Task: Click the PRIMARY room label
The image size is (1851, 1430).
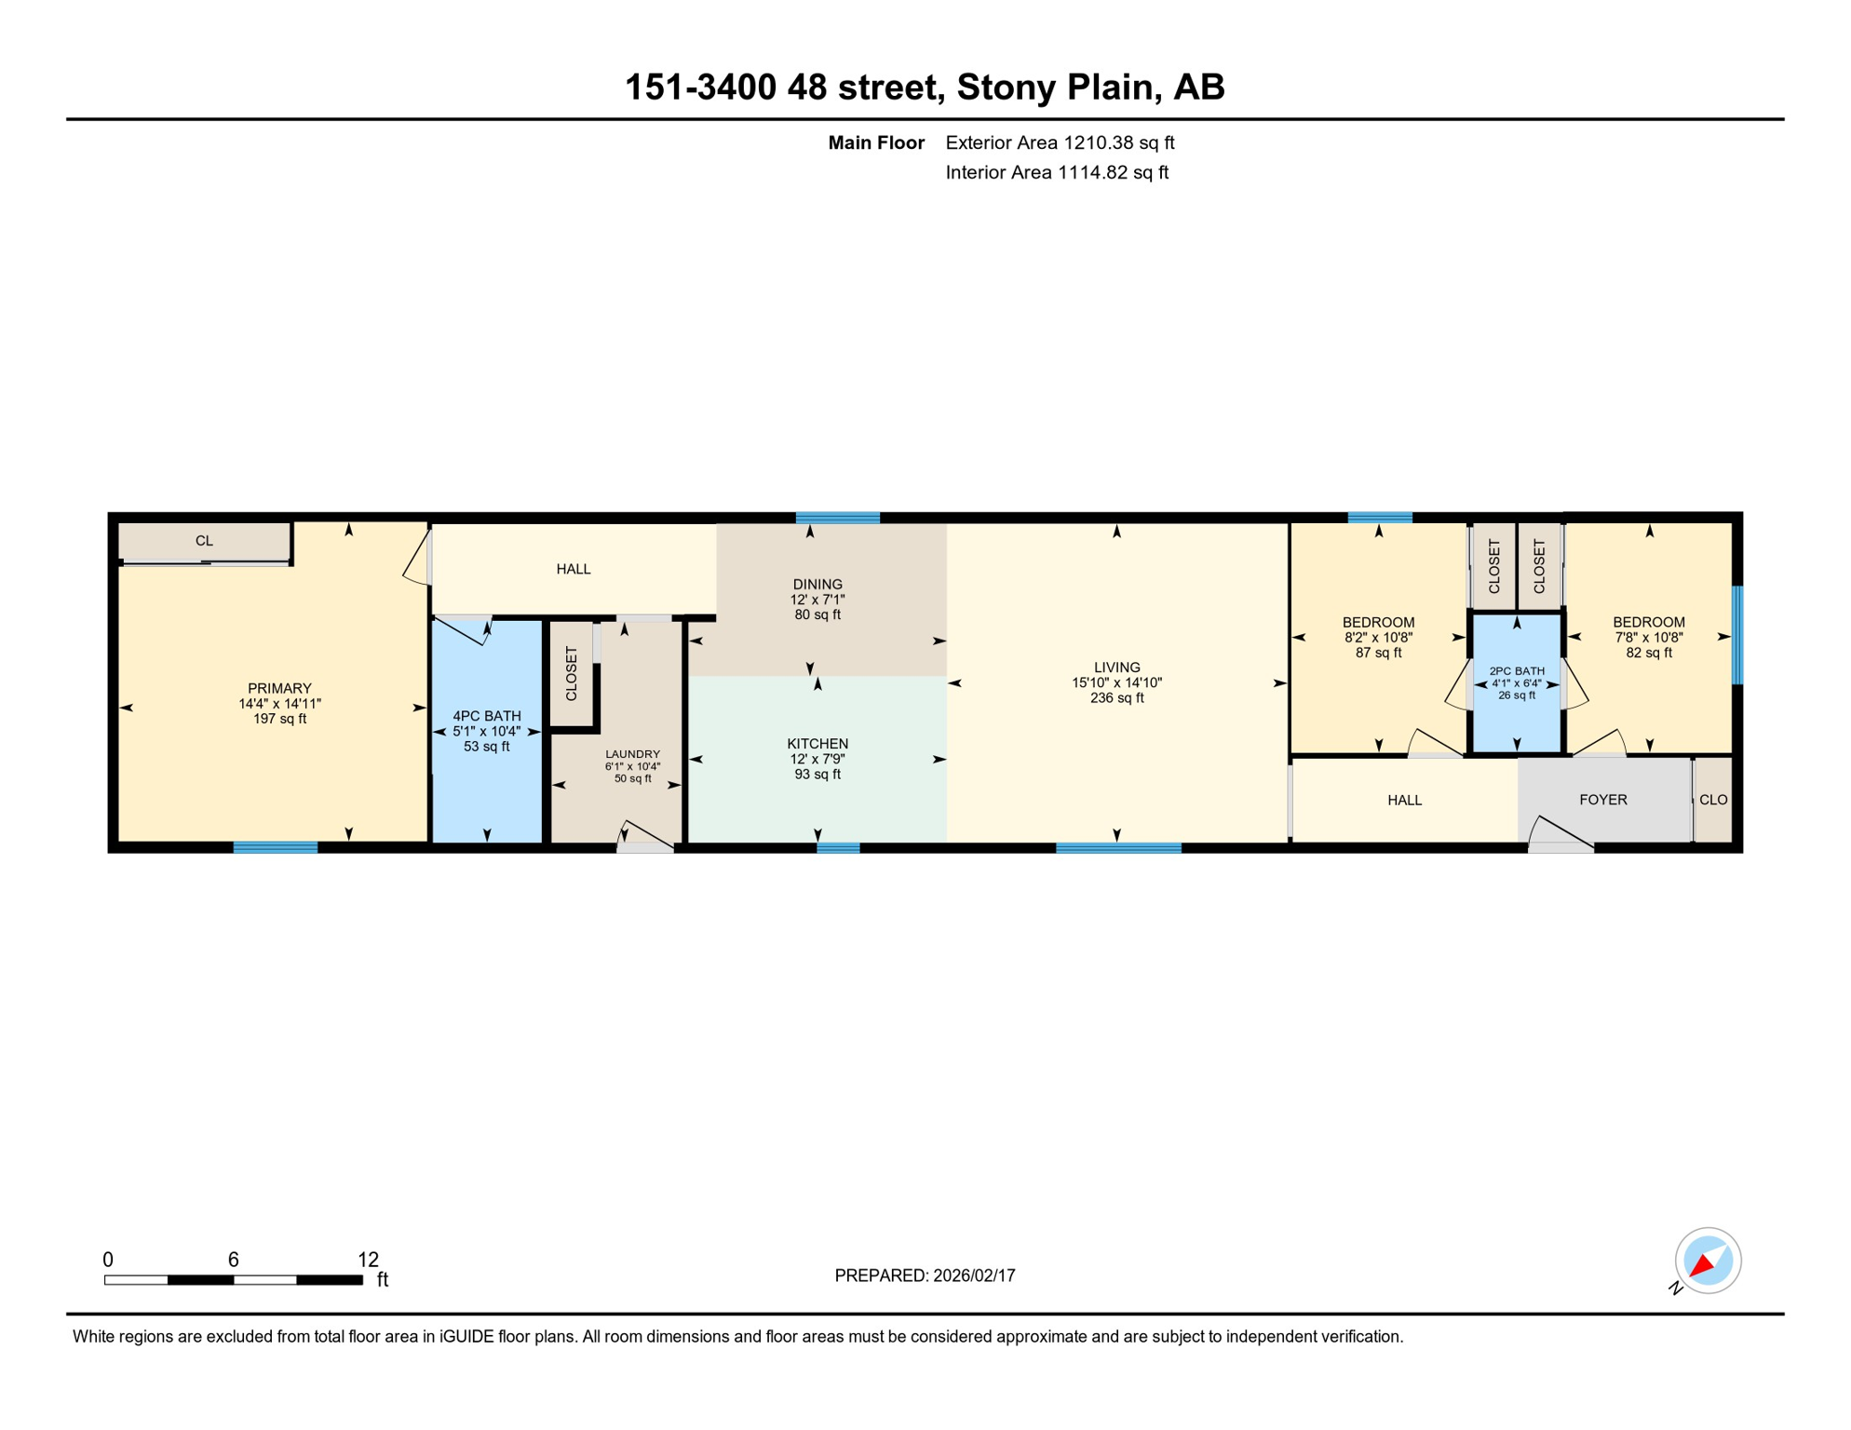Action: pyautogui.click(x=279, y=689)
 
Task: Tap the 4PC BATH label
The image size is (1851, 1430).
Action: pyautogui.click(x=486, y=716)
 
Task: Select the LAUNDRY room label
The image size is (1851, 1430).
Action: pyautogui.click(x=632, y=754)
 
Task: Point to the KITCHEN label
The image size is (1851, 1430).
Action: pyautogui.click(x=817, y=744)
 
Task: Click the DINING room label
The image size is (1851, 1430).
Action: pyautogui.click(x=817, y=585)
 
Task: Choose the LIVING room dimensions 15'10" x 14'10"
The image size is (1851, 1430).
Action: pyautogui.click(x=1116, y=682)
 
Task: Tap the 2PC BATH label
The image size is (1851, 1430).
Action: pyautogui.click(x=1516, y=670)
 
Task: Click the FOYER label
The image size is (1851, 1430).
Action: pyautogui.click(x=1602, y=800)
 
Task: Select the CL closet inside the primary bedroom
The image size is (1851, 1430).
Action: pyautogui.click(x=204, y=541)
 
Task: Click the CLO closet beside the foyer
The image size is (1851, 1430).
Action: pyautogui.click(x=1712, y=800)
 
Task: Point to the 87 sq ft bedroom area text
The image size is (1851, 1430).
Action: pyautogui.click(x=1378, y=653)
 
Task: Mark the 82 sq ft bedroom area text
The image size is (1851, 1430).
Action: pyautogui.click(x=1648, y=653)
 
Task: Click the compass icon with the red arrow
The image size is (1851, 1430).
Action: pyautogui.click(x=1708, y=1261)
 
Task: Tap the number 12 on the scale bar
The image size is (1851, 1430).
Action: pyautogui.click(x=368, y=1260)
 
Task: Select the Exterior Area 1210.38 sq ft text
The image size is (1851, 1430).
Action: pyautogui.click(x=1060, y=142)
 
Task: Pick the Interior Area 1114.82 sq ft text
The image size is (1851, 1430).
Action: pyautogui.click(x=1056, y=172)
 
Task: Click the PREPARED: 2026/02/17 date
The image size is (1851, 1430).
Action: pyautogui.click(x=925, y=1275)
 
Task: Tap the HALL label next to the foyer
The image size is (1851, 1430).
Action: pyautogui.click(x=1404, y=800)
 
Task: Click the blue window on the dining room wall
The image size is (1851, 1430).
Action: pyautogui.click(x=837, y=518)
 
